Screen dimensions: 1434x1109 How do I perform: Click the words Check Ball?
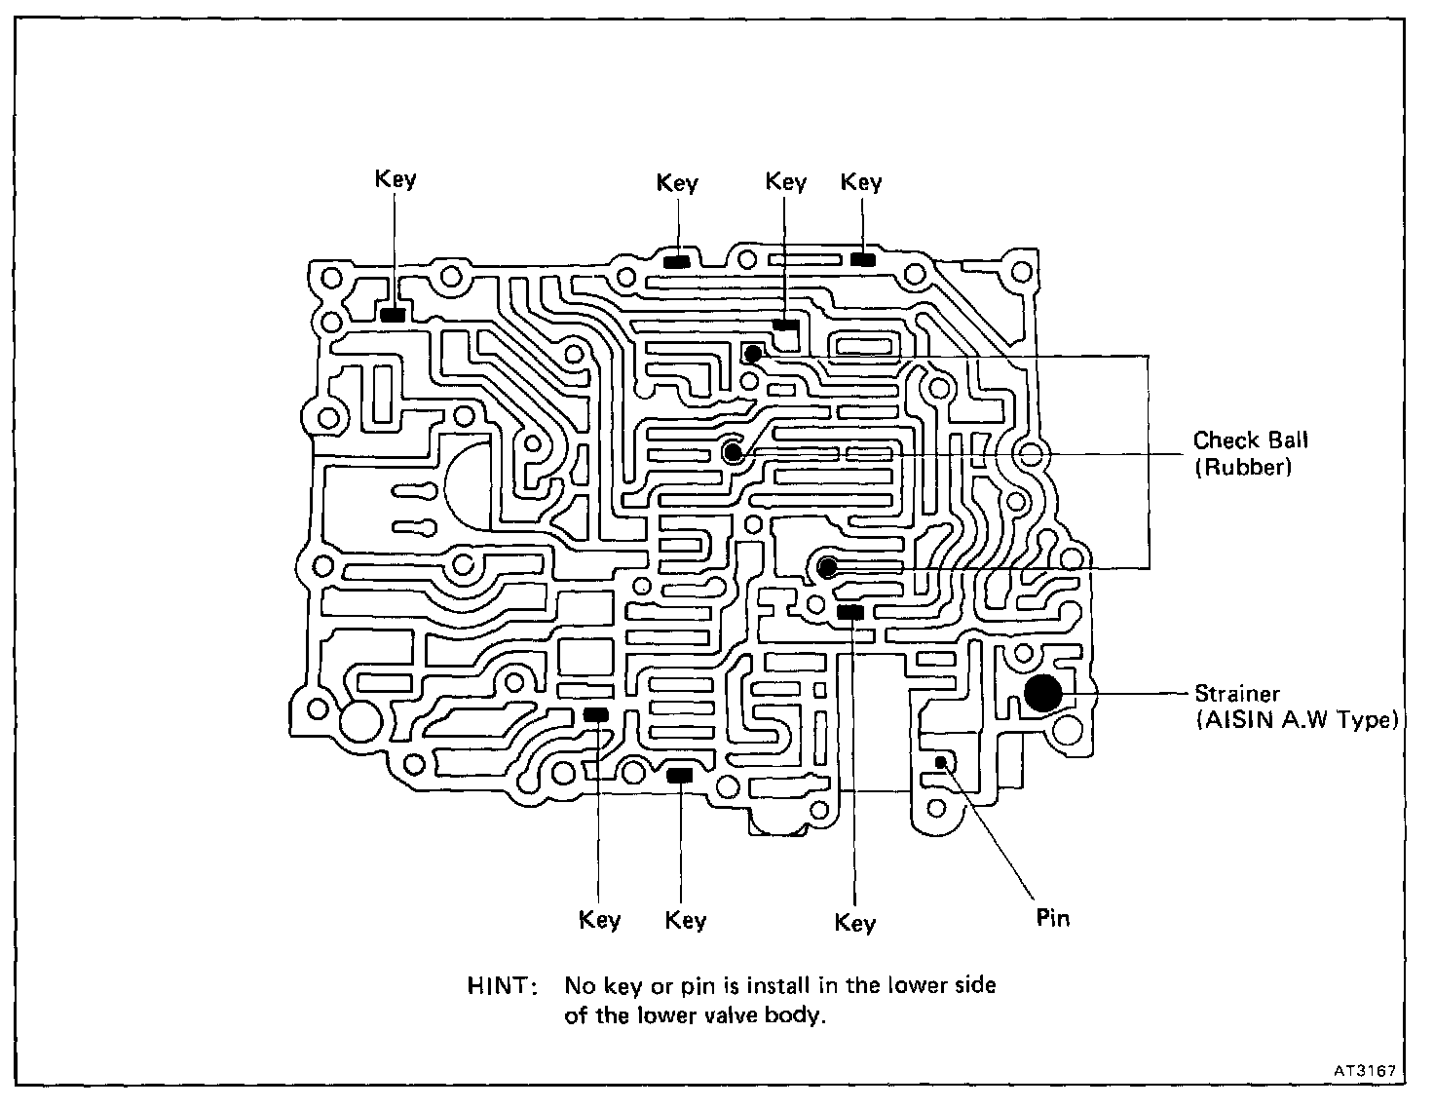pos(1251,440)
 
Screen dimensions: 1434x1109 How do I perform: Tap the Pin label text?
pos(1052,918)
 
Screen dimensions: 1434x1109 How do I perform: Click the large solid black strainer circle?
pos(1042,694)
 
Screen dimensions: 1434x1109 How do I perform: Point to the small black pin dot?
pos(941,762)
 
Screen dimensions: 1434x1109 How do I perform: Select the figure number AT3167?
pos(1365,1070)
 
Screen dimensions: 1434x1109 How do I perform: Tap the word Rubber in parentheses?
pos(1243,468)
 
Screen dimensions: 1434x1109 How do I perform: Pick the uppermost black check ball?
pos(753,354)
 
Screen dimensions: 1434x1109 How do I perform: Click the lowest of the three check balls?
pos(827,566)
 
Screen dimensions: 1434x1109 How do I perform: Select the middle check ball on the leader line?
pos(733,453)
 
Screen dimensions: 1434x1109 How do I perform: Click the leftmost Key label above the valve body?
pos(396,179)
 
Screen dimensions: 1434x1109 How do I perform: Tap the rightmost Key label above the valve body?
pos(861,182)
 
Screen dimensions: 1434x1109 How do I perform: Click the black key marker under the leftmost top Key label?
pos(393,315)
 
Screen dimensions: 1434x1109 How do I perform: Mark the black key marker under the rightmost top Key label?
pos(862,259)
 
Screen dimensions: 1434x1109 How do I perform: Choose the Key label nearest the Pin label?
pos(855,922)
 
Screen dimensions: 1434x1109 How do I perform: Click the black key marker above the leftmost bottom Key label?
pos(596,715)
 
